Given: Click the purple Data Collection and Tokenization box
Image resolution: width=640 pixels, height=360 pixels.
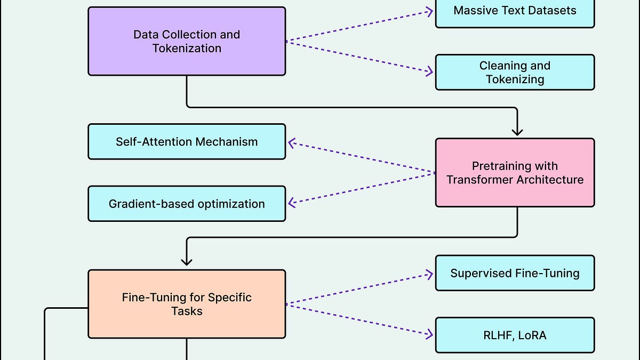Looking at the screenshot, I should click(x=187, y=41).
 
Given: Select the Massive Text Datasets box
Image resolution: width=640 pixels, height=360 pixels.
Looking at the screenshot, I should click(x=515, y=11).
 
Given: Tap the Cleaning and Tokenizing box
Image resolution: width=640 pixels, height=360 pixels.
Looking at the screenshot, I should click(x=515, y=72).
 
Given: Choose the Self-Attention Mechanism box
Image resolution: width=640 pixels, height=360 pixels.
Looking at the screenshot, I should click(x=187, y=141).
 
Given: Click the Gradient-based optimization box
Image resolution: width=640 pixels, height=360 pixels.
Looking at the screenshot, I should click(x=187, y=204).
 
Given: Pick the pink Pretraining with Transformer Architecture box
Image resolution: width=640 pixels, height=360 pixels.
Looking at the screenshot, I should click(x=515, y=172).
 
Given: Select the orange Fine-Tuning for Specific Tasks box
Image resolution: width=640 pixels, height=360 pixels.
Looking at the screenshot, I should click(x=187, y=304).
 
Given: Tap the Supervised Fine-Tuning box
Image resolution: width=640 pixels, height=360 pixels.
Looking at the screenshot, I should click(x=515, y=273).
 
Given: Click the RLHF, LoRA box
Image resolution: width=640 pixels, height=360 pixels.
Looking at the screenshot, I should click(x=515, y=335).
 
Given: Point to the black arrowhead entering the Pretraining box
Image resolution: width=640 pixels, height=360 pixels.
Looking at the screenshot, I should click(x=517, y=132).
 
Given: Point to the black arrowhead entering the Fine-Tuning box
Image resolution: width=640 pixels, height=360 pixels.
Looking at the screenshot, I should click(x=187, y=261).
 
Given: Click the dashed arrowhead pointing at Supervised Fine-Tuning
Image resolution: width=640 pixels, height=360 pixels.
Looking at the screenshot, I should click(x=429, y=274).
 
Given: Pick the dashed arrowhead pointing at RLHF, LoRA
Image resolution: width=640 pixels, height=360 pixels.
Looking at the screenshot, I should click(x=429, y=335).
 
